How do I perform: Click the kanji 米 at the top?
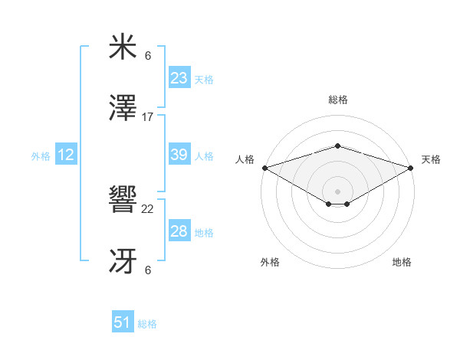click(123, 47)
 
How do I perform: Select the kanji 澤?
click(123, 110)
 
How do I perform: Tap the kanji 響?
click(123, 201)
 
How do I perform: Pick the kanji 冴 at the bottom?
click(123, 263)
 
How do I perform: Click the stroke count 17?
click(148, 117)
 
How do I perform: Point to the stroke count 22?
click(148, 209)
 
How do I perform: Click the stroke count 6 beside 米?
click(148, 55)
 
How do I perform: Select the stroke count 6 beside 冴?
click(148, 270)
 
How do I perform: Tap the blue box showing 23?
click(179, 78)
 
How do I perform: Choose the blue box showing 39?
click(179, 155)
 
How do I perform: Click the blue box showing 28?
click(179, 231)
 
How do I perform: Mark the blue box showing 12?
click(66, 155)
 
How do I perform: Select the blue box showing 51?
click(123, 322)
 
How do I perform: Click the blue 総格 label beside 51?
click(147, 324)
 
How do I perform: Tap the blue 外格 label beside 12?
click(41, 156)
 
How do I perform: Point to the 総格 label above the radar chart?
click(337, 100)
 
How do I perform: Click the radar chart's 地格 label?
click(402, 263)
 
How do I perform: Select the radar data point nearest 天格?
click(411, 168)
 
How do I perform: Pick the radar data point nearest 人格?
click(264, 168)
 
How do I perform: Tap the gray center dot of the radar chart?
click(337, 191)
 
